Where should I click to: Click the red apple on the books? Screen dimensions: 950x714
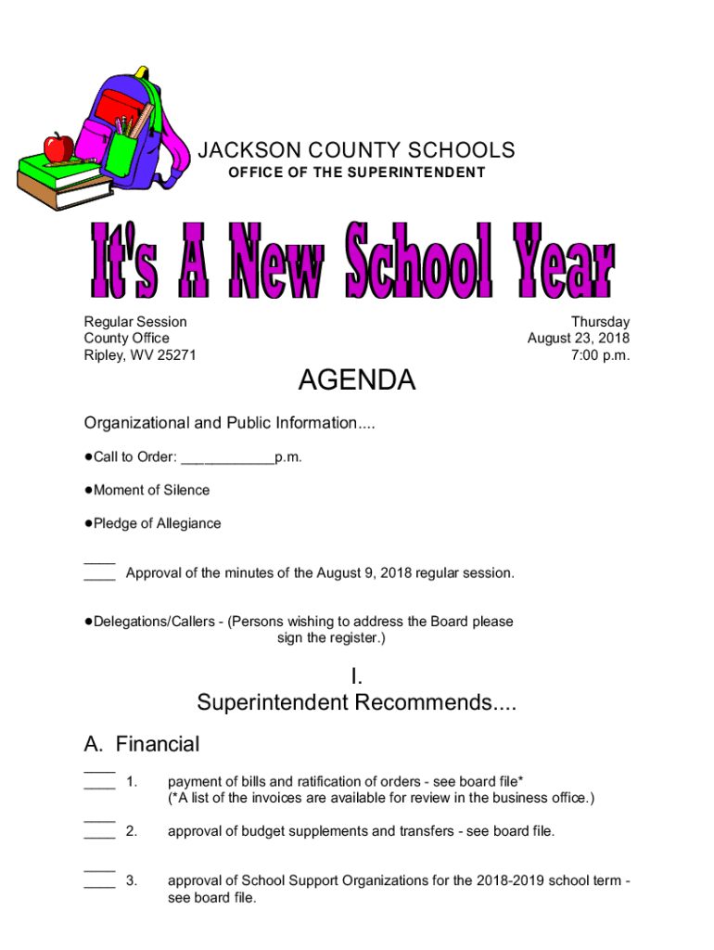[x=58, y=147]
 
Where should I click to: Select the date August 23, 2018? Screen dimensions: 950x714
[x=578, y=339]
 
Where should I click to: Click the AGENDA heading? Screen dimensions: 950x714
[x=356, y=380]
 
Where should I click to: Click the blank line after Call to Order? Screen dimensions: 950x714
[x=227, y=458]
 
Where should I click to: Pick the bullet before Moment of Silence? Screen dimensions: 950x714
[x=88, y=490]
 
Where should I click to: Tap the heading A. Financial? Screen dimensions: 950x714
[x=141, y=744]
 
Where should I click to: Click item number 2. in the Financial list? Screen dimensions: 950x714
[x=132, y=831]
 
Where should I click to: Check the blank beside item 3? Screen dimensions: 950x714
[x=99, y=882]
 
